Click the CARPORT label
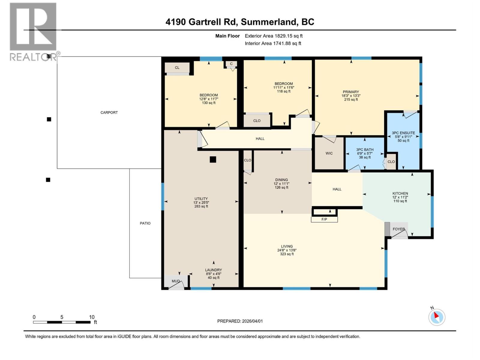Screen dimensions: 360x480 coord(109,112)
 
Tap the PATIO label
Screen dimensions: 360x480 coord(145,223)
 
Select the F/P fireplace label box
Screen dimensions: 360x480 coord(324,219)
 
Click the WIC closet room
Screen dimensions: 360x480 coord(329,153)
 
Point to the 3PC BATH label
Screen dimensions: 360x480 coord(365,149)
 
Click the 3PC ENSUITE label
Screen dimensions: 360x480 coord(403,133)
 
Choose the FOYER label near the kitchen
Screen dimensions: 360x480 coord(399,229)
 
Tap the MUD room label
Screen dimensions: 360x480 coord(175,281)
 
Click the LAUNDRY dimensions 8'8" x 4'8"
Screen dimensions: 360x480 coord(214,274)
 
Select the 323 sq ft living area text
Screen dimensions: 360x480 coord(287,254)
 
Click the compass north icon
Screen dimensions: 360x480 coord(436,317)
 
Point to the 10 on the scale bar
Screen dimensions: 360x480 coord(91,317)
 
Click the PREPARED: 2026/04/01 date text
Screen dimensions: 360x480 coord(240,321)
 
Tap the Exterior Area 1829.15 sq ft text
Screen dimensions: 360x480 coord(274,36)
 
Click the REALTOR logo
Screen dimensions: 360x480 coord(33,31)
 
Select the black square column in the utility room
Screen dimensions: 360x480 coord(213,160)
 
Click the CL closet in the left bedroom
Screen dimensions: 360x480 coord(177,67)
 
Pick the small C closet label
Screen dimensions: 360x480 coord(231,64)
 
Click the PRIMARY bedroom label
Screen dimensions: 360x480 coord(351,92)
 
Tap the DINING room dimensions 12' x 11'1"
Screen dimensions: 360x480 coord(281,184)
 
